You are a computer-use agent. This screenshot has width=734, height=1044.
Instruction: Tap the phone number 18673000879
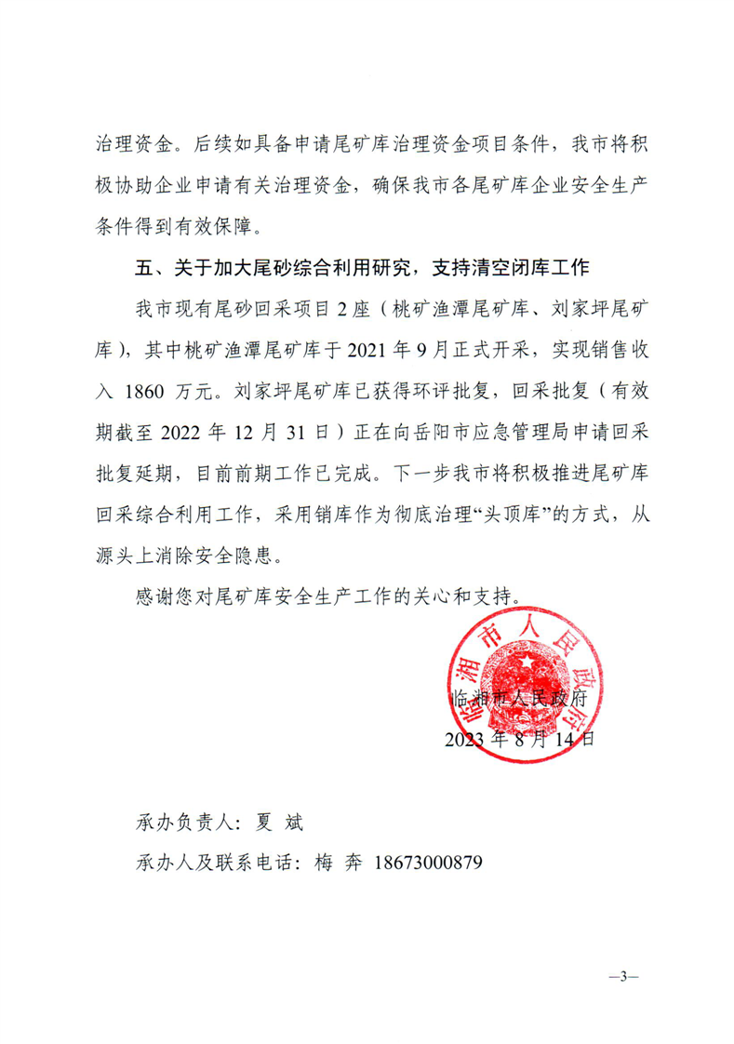pyautogui.click(x=427, y=863)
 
